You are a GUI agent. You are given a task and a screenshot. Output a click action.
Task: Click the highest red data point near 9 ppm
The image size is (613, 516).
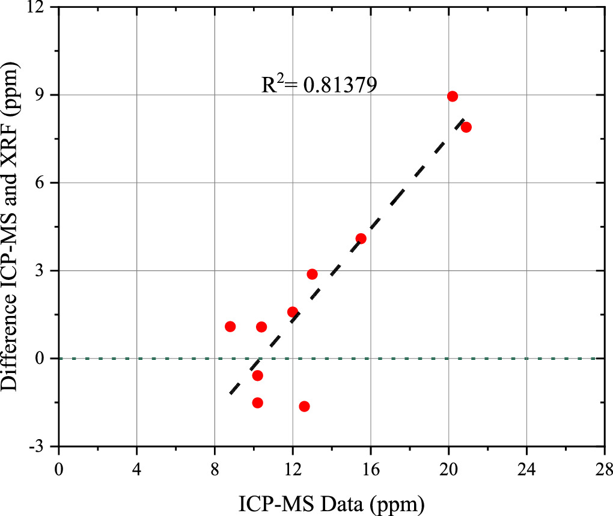pos(453,96)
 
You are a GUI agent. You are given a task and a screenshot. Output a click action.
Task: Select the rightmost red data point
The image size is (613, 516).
pos(466,127)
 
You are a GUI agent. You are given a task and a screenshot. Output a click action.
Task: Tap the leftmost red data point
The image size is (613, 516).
pos(230,326)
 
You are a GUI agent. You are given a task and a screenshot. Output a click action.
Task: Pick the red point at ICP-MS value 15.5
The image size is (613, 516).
pos(361,238)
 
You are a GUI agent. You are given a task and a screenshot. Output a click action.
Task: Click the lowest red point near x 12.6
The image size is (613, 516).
pos(304,407)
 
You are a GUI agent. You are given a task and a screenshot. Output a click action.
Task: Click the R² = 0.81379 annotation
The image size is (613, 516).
pos(319,85)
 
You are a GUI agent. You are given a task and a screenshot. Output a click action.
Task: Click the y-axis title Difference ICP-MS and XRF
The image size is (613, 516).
pos(13,228)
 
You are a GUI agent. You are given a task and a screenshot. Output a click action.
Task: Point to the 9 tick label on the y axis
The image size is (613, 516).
pos(45,95)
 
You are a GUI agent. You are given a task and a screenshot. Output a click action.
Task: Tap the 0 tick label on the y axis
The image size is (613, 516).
pos(45,359)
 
